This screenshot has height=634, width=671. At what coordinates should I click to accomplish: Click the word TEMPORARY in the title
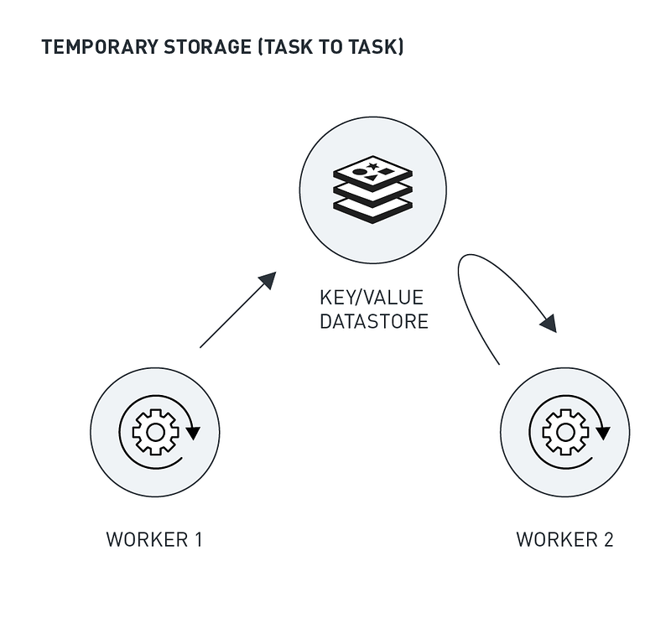click(99, 47)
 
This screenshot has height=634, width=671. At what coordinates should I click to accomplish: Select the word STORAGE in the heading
click(207, 47)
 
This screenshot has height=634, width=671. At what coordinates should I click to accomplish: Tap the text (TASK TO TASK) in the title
click(330, 47)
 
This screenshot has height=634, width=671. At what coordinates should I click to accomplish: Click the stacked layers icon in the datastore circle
click(372, 190)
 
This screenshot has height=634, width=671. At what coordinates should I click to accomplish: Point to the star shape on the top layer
click(372, 165)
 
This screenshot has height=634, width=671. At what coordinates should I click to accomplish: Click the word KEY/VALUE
click(372, 298)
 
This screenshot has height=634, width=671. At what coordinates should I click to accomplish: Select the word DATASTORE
click(374, 321)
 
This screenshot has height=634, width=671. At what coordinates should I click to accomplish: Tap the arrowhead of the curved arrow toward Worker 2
click(549, 324)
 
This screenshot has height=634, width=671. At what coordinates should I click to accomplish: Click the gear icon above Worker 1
click(155, 432)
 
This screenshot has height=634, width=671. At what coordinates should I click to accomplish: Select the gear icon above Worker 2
click(565, 432)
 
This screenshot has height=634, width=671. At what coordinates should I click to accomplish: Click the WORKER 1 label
click(154, 539)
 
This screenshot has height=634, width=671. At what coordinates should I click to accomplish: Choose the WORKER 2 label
click(564, 539)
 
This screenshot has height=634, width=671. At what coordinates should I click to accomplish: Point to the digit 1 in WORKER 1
click(198, 539)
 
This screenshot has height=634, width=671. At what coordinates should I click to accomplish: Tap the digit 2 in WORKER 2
click(609, 539)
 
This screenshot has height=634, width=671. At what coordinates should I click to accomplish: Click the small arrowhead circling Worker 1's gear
click(193, 433)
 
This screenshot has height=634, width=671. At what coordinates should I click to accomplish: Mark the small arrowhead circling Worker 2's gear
click(603, 433)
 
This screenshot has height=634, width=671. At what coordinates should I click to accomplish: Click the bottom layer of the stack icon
click(372, 209)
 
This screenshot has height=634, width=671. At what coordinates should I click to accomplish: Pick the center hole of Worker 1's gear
click(155, 432)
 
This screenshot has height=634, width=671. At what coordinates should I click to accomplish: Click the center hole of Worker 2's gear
click(565, 432)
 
